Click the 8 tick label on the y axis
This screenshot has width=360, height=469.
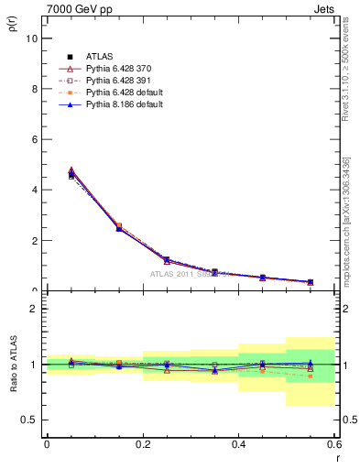[x=34, y=90]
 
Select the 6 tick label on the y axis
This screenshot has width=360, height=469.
[x=34, y=140]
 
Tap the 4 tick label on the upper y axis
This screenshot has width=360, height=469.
[x=34, y=191]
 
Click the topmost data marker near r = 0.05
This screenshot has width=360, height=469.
[x=71, y=169]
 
